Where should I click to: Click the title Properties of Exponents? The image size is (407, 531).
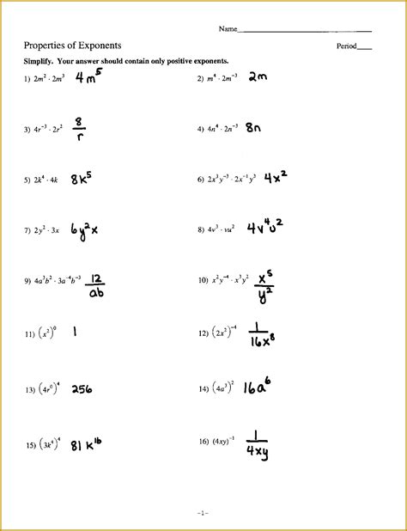coord(72,45)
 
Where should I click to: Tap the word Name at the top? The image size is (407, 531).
coord(227,29)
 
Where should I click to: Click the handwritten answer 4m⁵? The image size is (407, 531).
coord(88,78)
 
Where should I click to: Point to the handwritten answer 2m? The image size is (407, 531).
coord(258,78)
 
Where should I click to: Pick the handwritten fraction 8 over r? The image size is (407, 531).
coord(79,129)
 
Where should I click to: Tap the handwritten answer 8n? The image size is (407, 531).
coord(254,129)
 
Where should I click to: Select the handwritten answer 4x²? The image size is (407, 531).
coord(274,178)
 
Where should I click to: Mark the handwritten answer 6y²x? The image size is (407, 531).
coord(83,230)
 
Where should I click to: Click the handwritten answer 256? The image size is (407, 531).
coord(82,389)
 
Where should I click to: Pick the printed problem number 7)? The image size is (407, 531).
coord(27,230)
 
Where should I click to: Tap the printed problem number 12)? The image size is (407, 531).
coord(203,332)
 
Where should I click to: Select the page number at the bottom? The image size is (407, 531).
coord(202,513)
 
